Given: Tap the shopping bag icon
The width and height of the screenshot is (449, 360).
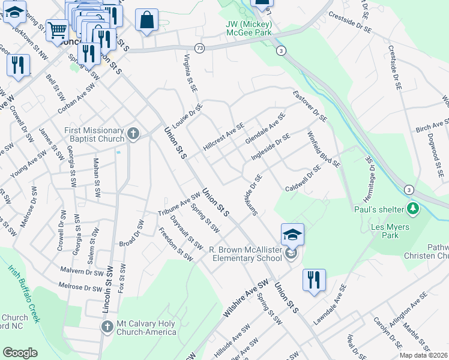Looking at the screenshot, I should pyautogui.click(x=146, y=20).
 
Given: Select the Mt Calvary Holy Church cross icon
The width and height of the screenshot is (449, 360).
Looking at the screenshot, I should pyautogui.click(x=107, y=327).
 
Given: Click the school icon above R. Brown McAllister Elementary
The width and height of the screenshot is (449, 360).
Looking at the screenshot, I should pyautogui.click(x=292, y=235).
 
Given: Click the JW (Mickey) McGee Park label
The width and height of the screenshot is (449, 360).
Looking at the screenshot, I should pyautogui.click(x=250, y=29).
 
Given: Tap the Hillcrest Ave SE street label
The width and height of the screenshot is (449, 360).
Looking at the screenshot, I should pyautogui.click(x=224, y=137).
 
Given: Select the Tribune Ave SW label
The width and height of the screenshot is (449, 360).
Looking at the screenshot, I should pyautogui.click(x=179, y=204).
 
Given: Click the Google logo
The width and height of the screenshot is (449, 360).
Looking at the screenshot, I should pyautogui.click(x=20, y=353).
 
